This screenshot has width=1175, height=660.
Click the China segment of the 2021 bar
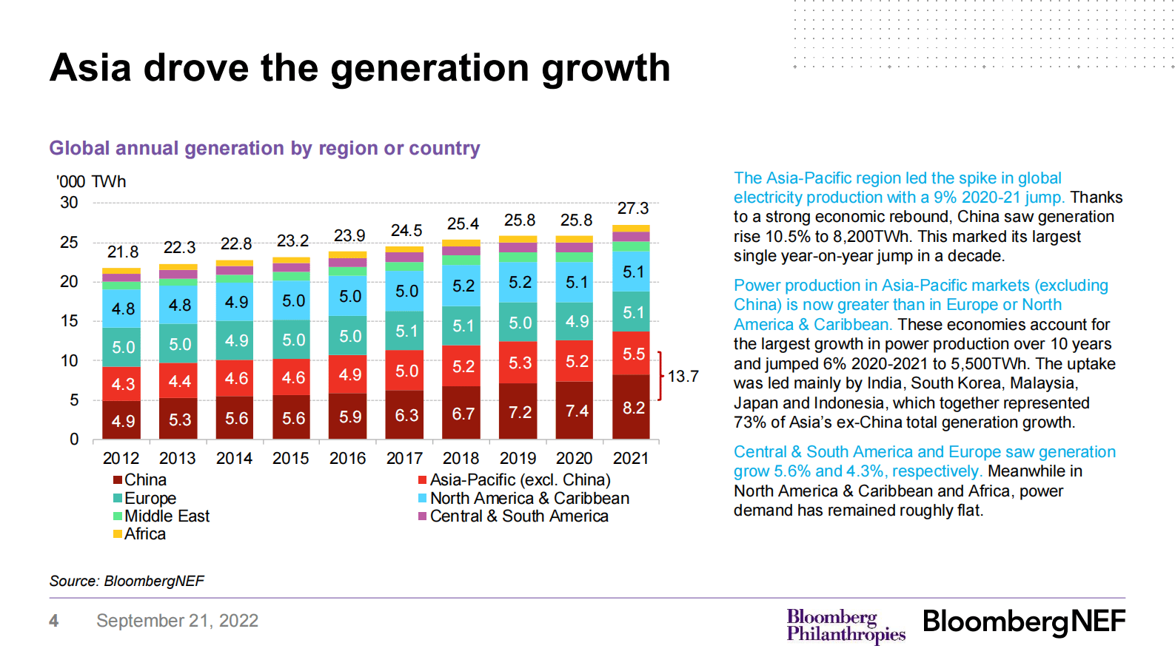(x=632, y=408)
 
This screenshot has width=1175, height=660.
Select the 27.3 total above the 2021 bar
(x=633, y=209)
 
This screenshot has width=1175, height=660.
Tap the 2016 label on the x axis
(x=347, y=459)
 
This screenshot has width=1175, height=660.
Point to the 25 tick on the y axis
(x=69, y=243)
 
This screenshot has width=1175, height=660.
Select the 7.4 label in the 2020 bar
(x=576, y=411)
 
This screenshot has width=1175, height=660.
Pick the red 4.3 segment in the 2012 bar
(x=122, y=384)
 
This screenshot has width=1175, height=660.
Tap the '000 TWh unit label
(x=91, y=182)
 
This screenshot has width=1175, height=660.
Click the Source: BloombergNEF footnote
(x=127, y=582)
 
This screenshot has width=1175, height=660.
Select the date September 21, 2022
(x=177, y=621)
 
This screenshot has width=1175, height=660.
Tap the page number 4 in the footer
(x=53, y=621)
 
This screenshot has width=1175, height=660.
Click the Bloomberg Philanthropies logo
(x=845, y=625)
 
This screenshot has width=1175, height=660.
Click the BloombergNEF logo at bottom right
(x=1023, y=622)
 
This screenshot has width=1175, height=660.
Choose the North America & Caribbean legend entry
(x=529, y=499)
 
